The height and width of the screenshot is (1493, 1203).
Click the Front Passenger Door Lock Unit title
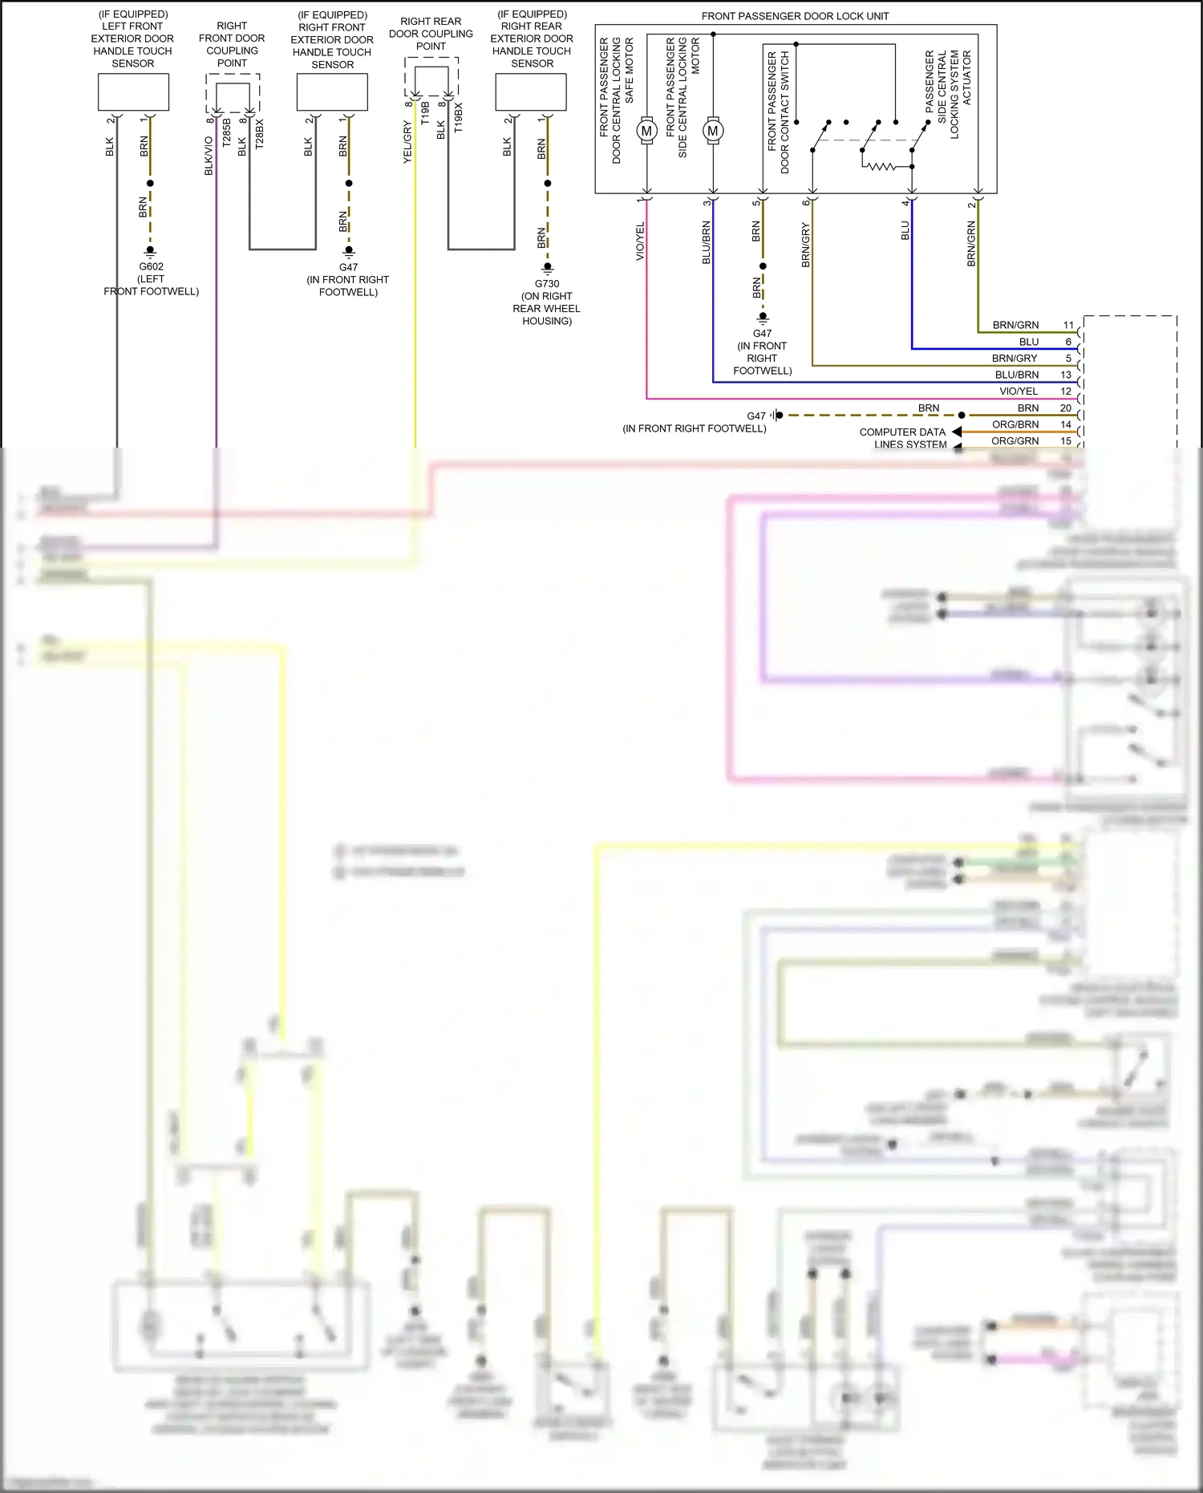[795, 16]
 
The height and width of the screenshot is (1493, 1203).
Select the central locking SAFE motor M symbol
[646, 131]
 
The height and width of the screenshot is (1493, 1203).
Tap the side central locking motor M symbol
[712, 131]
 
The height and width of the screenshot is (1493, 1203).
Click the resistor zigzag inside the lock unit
[880, 166]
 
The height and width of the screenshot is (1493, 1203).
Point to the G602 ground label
[151, 266]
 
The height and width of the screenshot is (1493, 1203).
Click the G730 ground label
[547, 283]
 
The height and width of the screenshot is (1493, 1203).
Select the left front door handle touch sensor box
[133, 92]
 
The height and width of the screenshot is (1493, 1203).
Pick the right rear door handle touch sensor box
[531, 92]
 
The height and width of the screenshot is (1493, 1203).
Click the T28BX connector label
[259, 134]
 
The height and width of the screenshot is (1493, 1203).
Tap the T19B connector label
[425, 112]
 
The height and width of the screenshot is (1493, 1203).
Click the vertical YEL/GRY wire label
[407, 143]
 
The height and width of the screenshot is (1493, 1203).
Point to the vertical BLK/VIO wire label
[209, 156]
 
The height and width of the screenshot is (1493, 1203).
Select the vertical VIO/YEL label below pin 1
[640, 241]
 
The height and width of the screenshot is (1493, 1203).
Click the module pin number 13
[1066, 375]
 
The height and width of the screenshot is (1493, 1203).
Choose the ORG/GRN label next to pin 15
[1015, 440]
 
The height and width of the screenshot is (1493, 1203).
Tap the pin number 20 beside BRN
[1066, 408]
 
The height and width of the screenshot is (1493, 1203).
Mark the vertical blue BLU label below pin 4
[905, 230]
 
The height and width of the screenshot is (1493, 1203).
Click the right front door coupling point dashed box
[233, 93]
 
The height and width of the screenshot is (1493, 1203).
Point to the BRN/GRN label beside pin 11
[1015, 325]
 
